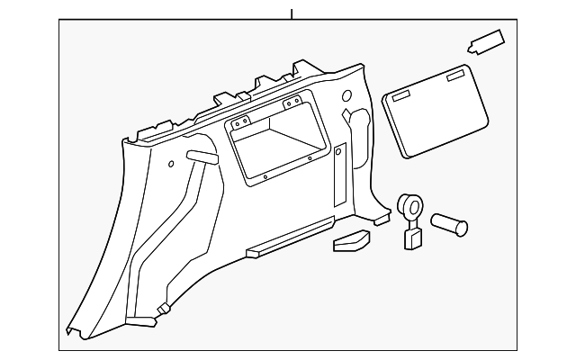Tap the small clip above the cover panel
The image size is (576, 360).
(486, 41)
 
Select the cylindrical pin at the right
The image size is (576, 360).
(449, 223)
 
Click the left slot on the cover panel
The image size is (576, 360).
(400, 93)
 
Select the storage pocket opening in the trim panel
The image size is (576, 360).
(277, 142)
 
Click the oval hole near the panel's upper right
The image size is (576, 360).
(346, 96)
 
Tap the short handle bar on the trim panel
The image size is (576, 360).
(202, 157)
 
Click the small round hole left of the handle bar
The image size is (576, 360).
(171, 164)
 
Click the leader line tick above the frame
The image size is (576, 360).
(292, 14)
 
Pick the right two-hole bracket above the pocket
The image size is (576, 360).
(292, 103)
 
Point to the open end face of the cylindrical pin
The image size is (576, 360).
(462, 228)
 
